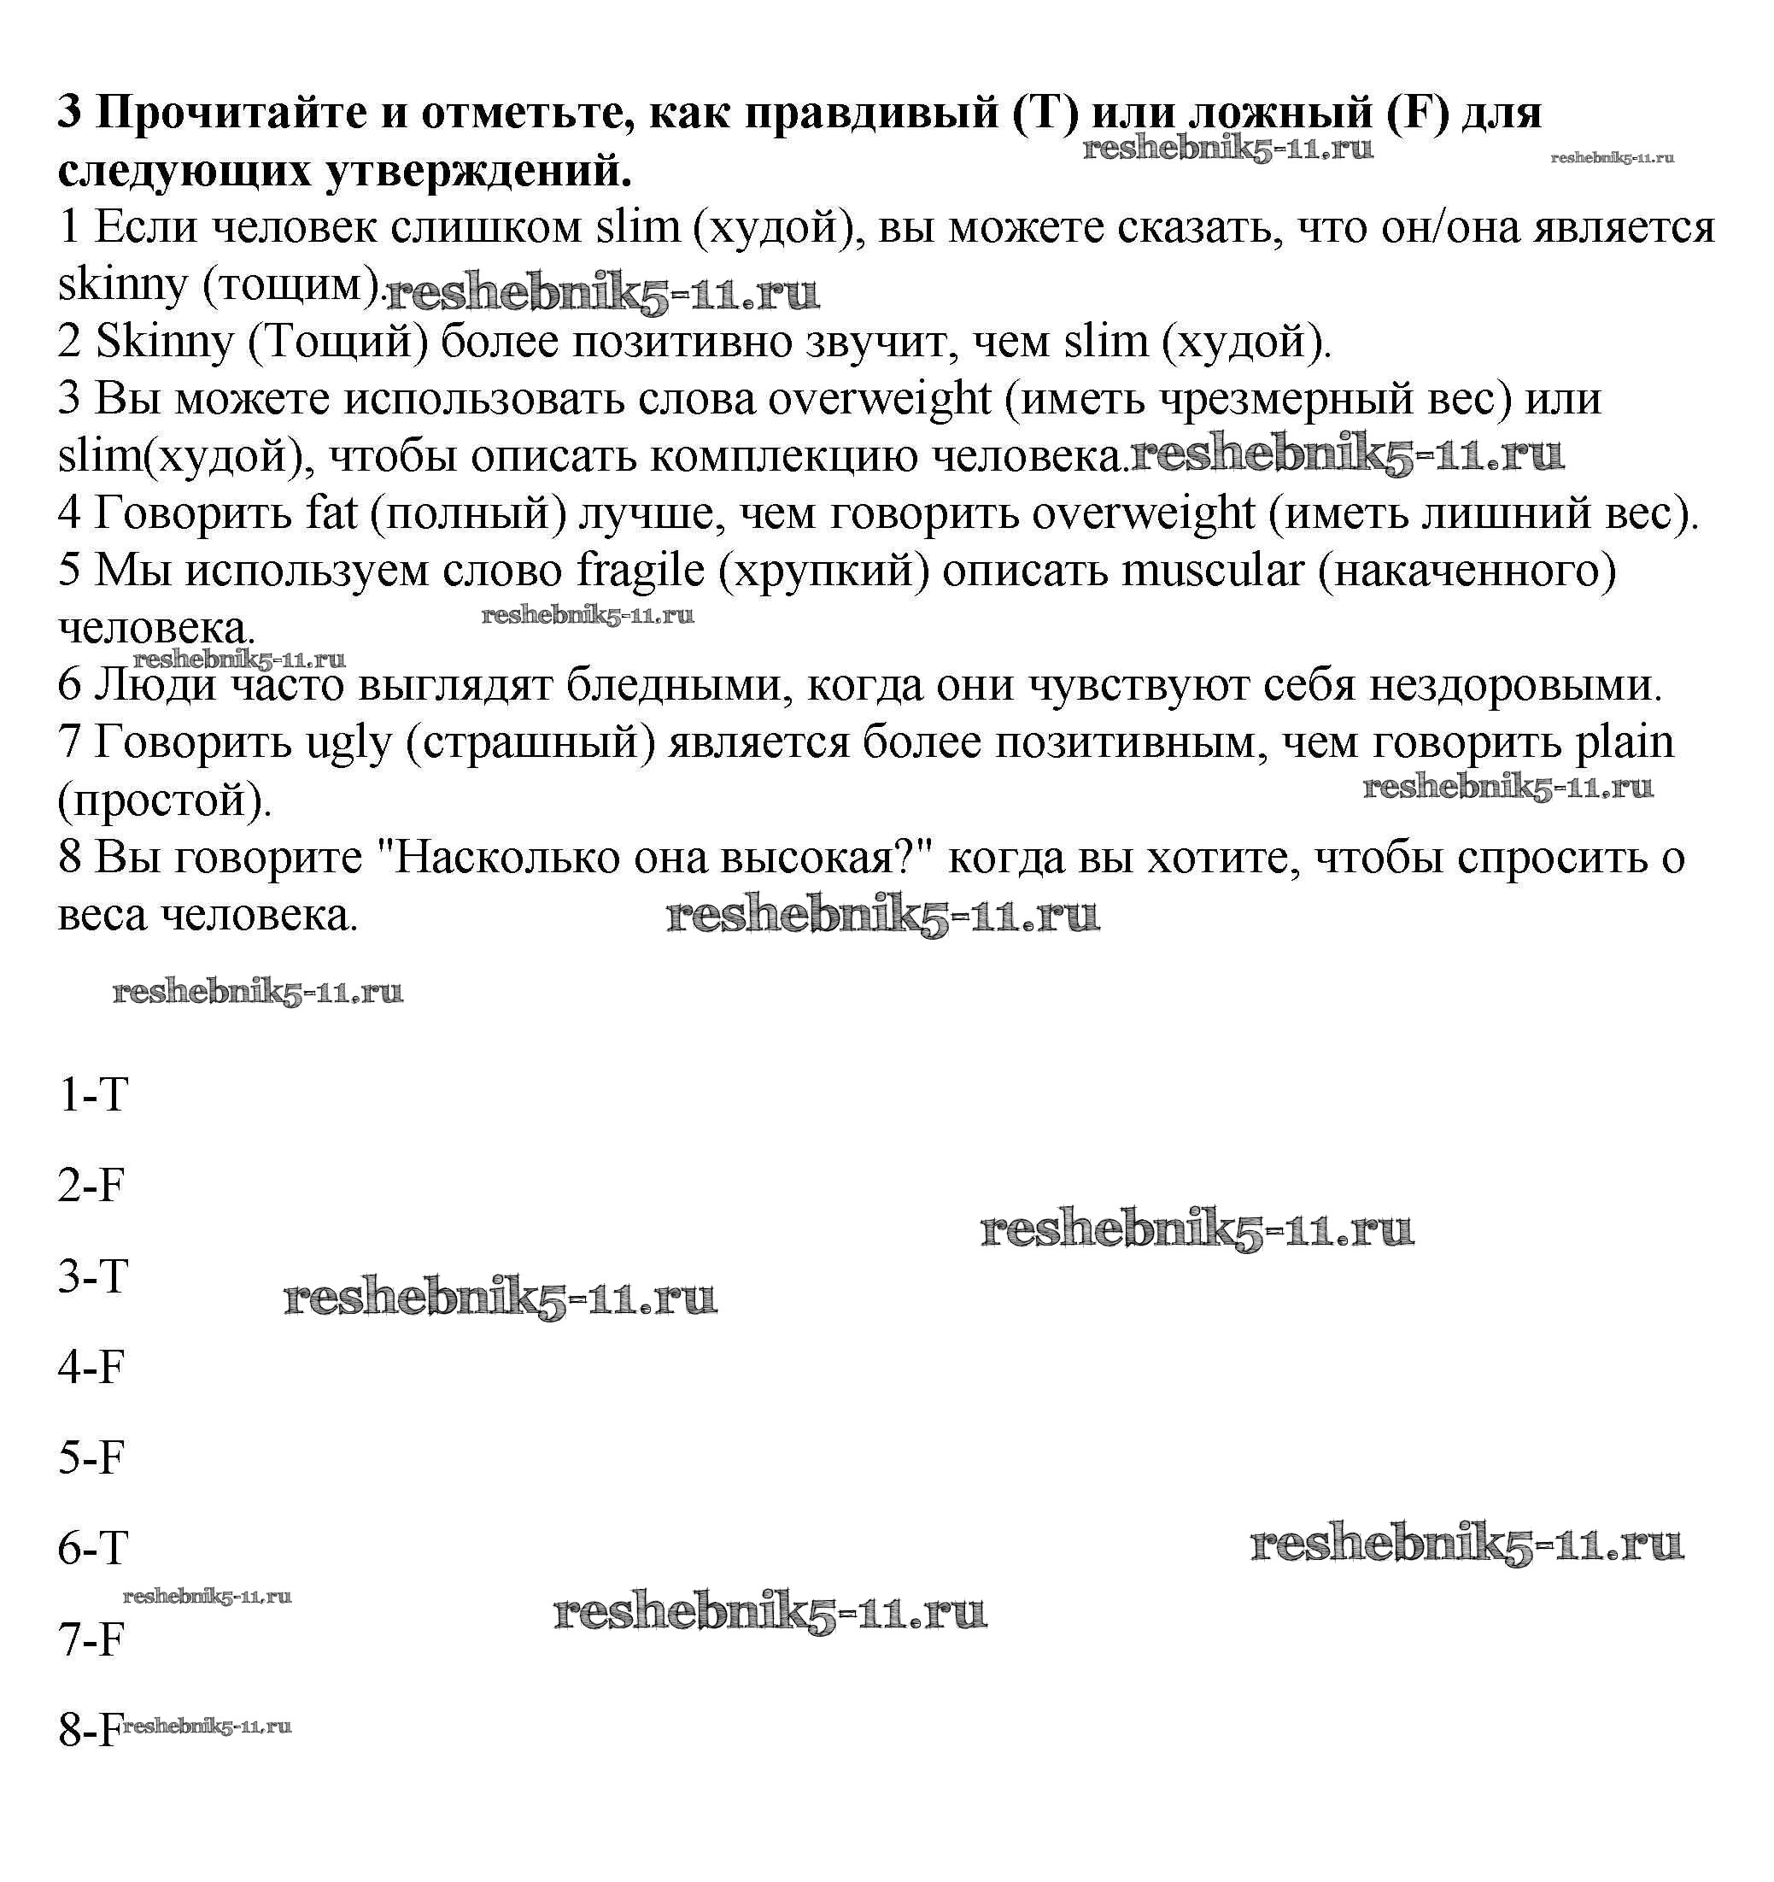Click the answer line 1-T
tap(93, 1095)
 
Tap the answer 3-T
tap(93, 1276)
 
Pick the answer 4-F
tap(91, 1367)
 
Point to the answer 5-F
tap(91, 1458)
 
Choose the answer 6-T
tap(93, 1549)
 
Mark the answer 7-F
tap(91, 1639)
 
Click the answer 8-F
tap(89, 1731)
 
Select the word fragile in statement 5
tap(641, 571)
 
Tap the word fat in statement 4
tap(331, 514)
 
